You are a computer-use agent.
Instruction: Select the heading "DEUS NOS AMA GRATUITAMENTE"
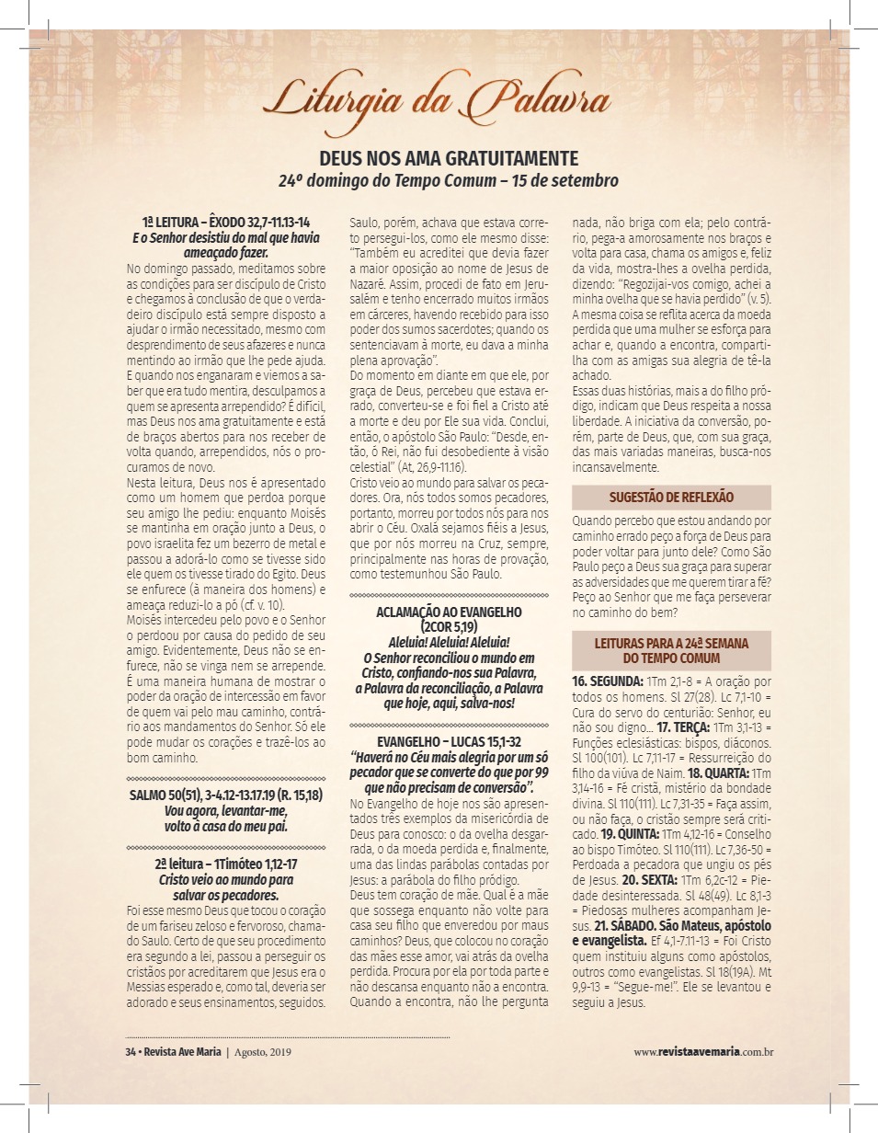click(449, 157)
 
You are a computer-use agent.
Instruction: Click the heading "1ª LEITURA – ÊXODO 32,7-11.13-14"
click(226, 223)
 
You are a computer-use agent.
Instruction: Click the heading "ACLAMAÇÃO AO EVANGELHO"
click(449, 612)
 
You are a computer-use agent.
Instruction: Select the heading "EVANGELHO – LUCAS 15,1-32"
click(449, 741)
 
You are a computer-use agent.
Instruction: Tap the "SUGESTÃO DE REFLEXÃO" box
click(671, 498)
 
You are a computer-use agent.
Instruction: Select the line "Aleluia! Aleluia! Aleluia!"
click(449, 642)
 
